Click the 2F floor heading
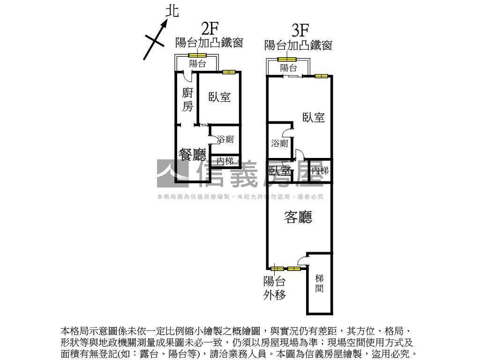(x=210, y=28)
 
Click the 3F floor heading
(x=300, y=30)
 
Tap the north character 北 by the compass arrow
(x=172, y=11)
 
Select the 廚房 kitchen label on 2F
(x=187, y=99)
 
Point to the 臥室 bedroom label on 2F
(x=219, y=97)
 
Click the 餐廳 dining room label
(x=192, y=155)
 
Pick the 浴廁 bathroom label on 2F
(x=225, y=139)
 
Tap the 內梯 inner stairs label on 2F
(x=225, y=161)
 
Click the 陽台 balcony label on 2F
(x=197, y=64)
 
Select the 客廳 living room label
(x=299, y=217)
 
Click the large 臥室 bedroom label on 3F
(x=314, y=117)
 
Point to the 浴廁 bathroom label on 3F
(x=280, y=143)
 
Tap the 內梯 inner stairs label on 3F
(x=320, y=170)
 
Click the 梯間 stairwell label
(x=319, y=284)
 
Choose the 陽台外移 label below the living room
(x=274, y=288)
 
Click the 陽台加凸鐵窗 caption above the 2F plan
(x=209, y=43)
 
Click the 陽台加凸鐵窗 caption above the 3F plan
(x=299, y=45)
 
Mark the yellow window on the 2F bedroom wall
(x=228, y=72)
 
